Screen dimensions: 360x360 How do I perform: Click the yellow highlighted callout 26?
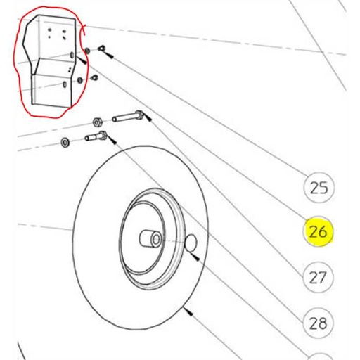(x=319, y=231)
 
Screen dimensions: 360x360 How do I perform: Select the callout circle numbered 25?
(x=319, y=188)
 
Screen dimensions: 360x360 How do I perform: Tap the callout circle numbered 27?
(x=319, y=277)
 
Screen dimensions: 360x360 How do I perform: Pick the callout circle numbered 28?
(x=319, y=322)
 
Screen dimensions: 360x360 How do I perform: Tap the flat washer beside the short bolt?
(x=65, y=143)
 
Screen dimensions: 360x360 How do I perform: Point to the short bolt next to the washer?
(x=94, y=136)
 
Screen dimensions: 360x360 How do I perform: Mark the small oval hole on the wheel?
(x=189, y=243)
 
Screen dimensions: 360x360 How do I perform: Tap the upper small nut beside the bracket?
(x=86, y=51)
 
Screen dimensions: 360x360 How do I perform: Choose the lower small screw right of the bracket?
(x=94, y=77)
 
